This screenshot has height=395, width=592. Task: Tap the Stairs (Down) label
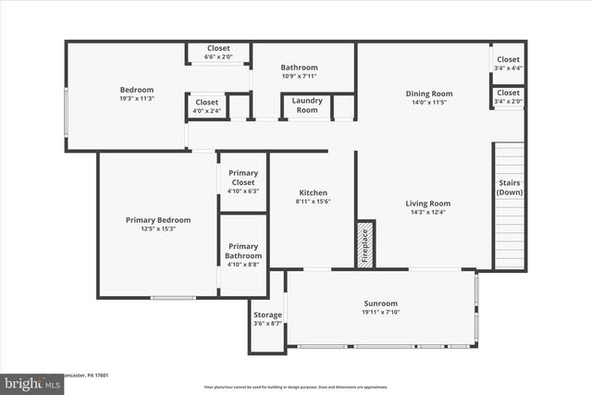pyautogui.click(x=509, y=187)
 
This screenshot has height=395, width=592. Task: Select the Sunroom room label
pyautogui.click(x=380, y=303)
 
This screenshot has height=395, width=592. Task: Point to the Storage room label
pyautogui.click(x=267, y=315)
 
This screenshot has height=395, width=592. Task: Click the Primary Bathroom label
pyautogui.click(x=243, y=251)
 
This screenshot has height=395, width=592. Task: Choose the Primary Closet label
pyautogui.click(x=242, y=177)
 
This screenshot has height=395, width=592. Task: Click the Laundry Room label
pyautogui.click(x=306, y=105)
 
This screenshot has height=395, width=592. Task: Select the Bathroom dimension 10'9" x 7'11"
pyautogui.click(x=299, y=77)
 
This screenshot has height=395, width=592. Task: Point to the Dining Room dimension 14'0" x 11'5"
pyautogui.click(x=428, y=103)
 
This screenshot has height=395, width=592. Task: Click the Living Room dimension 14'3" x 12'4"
pyautogui.click(x=427, y=213)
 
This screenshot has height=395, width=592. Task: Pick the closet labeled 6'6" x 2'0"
pyautogui.click(x=218, y=57)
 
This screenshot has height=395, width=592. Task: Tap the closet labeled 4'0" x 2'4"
pyautogui.click(x=207, y=111)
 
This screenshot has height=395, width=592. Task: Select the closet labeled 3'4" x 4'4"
pyautogui.click(x=508, y=68)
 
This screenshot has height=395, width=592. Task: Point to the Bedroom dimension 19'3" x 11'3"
pyautogui.click(x=136, y=99)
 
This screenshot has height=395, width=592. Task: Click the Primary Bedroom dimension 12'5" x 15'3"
pyautogui.click(x=158, y=228)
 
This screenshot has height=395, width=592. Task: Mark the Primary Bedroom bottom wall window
pyautogui.click(x=174, y=298)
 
